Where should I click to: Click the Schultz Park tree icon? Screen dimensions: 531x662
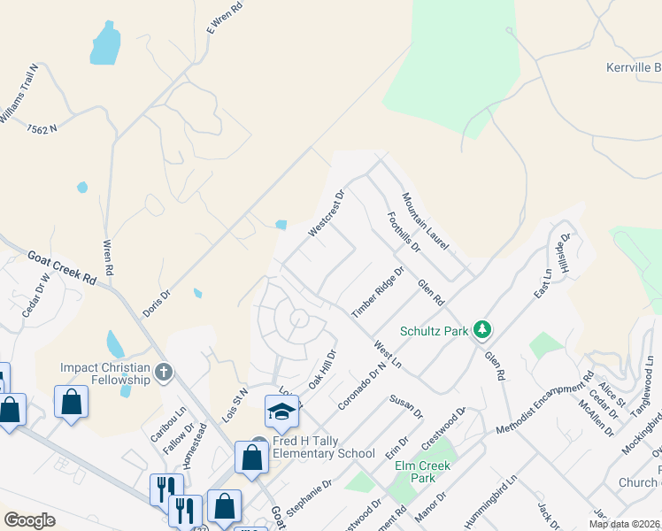coord(481,330)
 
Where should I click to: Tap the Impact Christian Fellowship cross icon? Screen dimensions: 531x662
coord(163,373)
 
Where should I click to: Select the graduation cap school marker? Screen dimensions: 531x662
coord(282,412)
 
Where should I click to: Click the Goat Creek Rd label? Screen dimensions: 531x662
coord(61,265)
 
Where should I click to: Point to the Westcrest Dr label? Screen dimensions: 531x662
coord(326,213)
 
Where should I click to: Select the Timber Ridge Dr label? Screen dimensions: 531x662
coord(377,292)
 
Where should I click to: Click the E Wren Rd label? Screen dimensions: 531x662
coord(224,18)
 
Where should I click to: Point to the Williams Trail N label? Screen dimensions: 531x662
coord(20,93)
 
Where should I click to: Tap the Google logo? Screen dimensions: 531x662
coord(29,520)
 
